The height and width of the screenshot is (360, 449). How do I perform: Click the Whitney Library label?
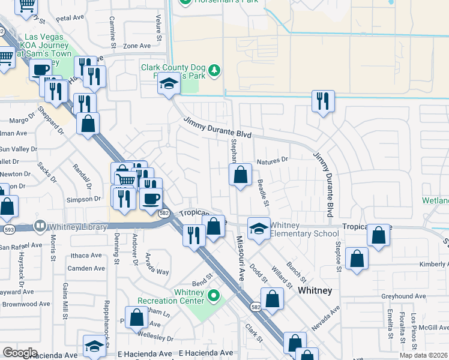point(78,227)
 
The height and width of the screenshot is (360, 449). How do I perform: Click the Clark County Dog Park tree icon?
point(214,72)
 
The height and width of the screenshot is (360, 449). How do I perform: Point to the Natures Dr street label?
point(273,161)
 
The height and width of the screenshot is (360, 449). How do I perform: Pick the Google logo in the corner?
point(20,353)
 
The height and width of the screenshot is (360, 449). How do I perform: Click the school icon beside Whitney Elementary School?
point(259,229)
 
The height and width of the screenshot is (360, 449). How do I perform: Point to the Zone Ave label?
point(137,46)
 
